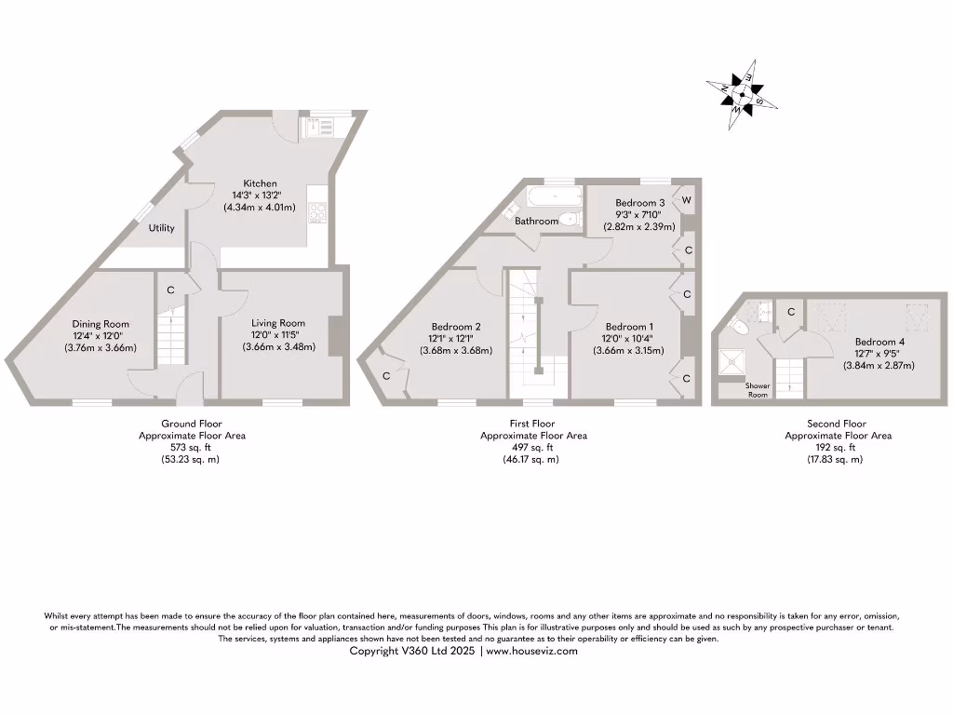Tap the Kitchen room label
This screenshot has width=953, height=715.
coord(260,183)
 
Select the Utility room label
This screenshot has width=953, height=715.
coord(161,228)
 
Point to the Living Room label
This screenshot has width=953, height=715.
coord(278,323)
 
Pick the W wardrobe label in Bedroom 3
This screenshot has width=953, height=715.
coord(688,200)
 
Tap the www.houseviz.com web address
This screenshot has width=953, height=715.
coord(531,652)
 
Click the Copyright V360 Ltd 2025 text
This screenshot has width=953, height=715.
coord(413,652)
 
